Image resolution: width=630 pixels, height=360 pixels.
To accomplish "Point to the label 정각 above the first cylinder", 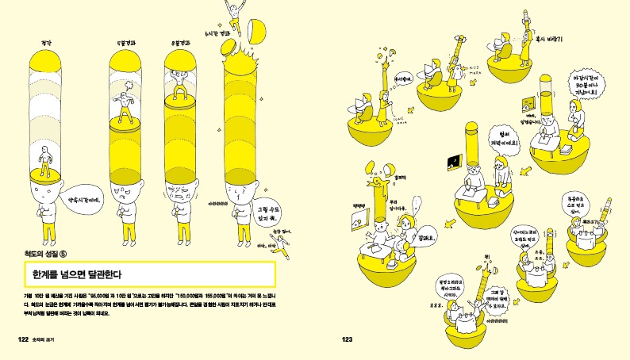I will pos(45,41).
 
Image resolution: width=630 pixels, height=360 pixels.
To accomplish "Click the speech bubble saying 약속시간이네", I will pos(81,201).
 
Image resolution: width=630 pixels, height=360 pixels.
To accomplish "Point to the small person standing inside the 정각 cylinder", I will pos(46,168).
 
